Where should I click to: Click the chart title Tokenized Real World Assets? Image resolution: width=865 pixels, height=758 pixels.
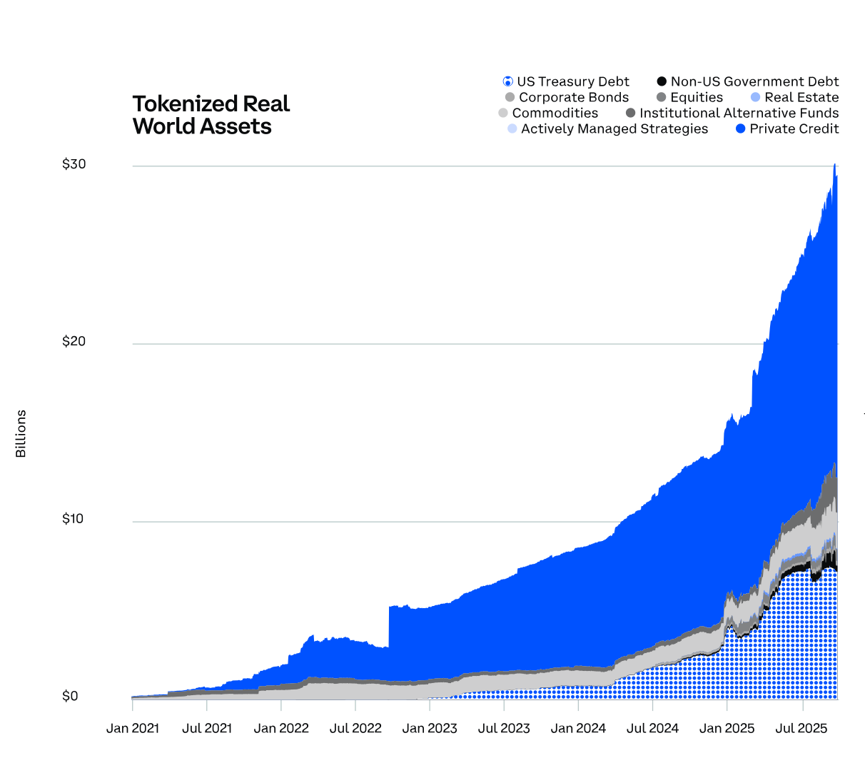point(211,115)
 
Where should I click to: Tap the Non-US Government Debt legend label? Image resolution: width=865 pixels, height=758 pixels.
point(754,81)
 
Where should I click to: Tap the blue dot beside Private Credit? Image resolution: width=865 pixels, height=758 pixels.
point(741,128)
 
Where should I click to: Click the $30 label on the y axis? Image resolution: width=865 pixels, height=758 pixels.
point(74,164)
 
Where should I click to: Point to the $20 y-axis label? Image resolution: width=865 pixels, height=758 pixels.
point(74,341)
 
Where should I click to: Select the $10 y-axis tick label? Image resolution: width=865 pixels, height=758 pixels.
point(74,519)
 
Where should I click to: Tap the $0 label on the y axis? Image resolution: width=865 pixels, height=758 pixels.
point(70,696)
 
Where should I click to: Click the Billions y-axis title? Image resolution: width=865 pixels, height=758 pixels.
point(21,433)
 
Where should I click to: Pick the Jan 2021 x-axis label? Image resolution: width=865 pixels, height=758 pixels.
point(132,728)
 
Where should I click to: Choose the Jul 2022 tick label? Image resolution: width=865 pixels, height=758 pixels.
point(355,728)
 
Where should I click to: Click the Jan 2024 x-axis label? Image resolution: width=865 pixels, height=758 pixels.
point(578,728)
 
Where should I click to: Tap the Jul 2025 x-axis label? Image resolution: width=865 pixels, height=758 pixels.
point(801,728)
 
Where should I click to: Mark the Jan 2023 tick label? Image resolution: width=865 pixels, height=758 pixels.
point(430,728)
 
